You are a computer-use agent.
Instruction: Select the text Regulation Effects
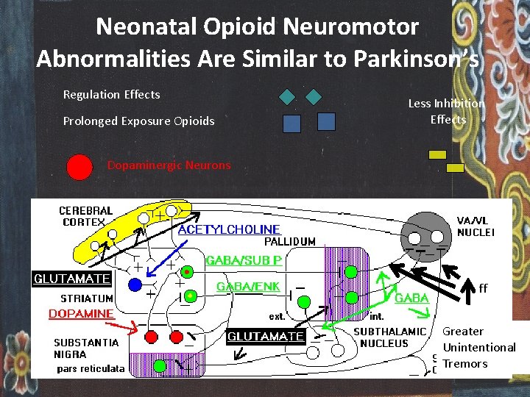(x=111, y=94)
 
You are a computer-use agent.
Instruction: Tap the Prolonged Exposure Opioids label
(x=138, y=121)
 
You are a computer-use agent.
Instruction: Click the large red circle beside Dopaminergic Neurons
(x=79, y=167)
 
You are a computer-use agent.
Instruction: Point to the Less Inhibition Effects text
(x=447, y=111)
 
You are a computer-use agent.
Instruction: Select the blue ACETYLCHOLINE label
(x=230, y=229)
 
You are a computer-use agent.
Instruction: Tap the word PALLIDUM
(x=289, y=241)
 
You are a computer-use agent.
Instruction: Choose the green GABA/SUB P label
(x=244, y=260)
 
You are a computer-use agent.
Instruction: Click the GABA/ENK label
(x=247, y=287)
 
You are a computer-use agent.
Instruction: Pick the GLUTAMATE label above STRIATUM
(x=72, y=279)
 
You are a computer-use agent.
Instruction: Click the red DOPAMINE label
(x=81, y=314)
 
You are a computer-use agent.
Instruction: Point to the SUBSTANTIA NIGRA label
(x=85, y=348)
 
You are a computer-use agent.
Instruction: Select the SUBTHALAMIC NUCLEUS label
(x=389, y=337)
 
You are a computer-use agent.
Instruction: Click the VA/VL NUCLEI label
(x=476, y=226)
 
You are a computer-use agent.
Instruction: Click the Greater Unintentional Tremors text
(x=478, y=347)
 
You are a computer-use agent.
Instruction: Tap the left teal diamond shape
(x=287, y=96)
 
